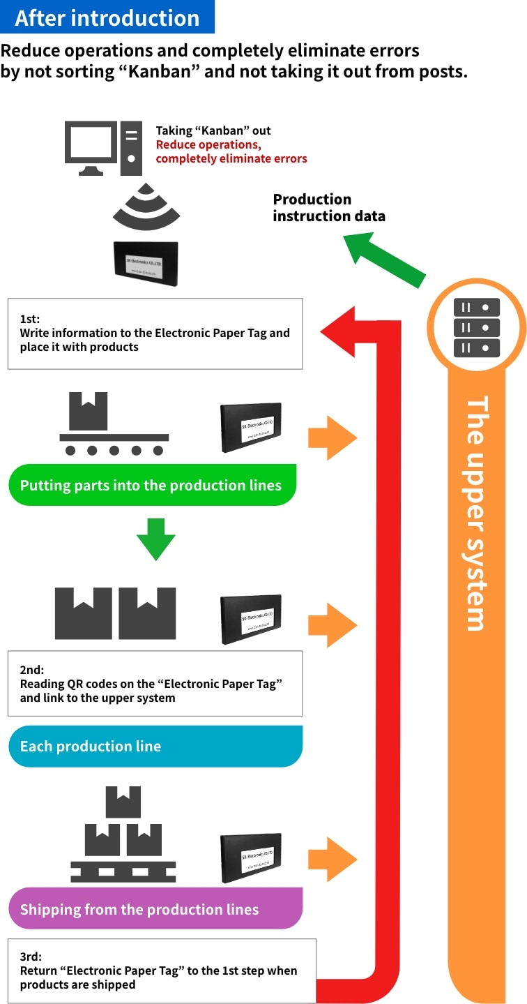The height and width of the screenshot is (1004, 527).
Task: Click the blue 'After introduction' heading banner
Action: (x=107, y=17)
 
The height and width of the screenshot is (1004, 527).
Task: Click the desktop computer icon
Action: (x=101, y=148)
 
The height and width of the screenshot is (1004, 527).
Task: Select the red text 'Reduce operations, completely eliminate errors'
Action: (x=231, y=151)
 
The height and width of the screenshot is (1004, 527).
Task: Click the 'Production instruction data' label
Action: (x=328, y=207)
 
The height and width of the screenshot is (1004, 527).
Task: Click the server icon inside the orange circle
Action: (x=477, y=327)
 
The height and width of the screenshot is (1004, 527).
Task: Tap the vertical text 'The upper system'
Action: (x=476, y=514)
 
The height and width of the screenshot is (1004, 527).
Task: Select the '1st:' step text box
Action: (x=155, y=334)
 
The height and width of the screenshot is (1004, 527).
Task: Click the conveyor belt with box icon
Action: (x=114, y=424)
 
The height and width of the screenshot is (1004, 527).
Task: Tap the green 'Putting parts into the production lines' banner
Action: (x=152, y=485)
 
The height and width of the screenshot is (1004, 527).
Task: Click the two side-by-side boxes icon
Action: (x=116, y=613)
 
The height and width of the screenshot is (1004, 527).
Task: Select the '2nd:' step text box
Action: (x=155, y=684)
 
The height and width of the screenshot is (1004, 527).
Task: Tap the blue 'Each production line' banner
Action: (x=155, y=746)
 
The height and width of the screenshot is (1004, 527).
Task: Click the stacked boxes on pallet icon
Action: (x=123, y=834)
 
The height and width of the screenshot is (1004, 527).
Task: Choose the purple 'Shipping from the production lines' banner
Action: (x=155, y=909)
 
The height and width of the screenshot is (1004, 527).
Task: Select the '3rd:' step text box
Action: (x=162, y=971)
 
